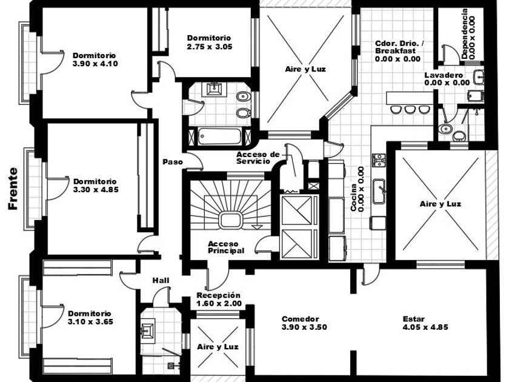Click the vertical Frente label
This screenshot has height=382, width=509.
tap(13, 189)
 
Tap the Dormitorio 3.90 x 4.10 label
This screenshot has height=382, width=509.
tap(95, 59)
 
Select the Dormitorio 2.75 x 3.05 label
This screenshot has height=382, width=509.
tap(210, 42)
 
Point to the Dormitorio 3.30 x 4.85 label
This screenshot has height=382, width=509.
tap(96, 186)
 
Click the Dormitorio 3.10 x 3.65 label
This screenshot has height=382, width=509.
tap(90, 318)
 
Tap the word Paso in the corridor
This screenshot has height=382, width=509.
tap(173, 162)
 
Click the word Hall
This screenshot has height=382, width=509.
tap(161, 280)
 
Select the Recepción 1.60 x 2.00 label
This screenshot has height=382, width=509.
tap(219, 299)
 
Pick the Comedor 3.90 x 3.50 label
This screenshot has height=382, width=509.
tap(304, 323)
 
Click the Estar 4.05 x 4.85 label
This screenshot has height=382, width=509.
tap(425, 323)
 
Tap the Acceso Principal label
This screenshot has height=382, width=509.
tap(226, 247)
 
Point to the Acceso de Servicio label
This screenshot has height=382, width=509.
tap(258, 158)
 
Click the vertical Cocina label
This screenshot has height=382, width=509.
tap(357, 189)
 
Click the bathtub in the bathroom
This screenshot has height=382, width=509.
tap(220, 136)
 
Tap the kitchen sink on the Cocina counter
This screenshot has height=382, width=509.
tap(379, 192)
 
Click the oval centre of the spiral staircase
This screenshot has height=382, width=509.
tap(230, 220)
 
